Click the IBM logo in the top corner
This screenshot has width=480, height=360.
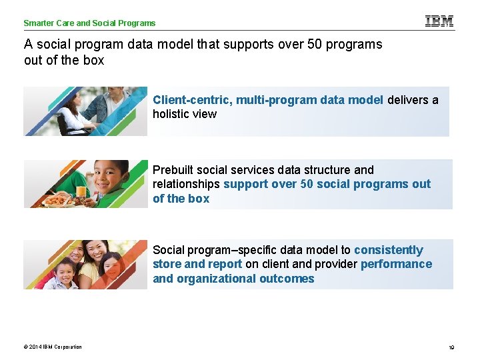coord(439,21)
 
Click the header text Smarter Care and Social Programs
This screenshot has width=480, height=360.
coord(89,23)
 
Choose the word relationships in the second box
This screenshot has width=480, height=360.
coord(186,184)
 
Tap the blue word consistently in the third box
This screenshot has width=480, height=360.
coord(388,250)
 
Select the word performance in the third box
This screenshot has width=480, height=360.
coord(396,264)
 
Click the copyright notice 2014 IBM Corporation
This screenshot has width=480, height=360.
coord(53,347)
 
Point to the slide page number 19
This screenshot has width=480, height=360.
coord(451,347)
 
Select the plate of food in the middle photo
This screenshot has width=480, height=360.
coord(56,199)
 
